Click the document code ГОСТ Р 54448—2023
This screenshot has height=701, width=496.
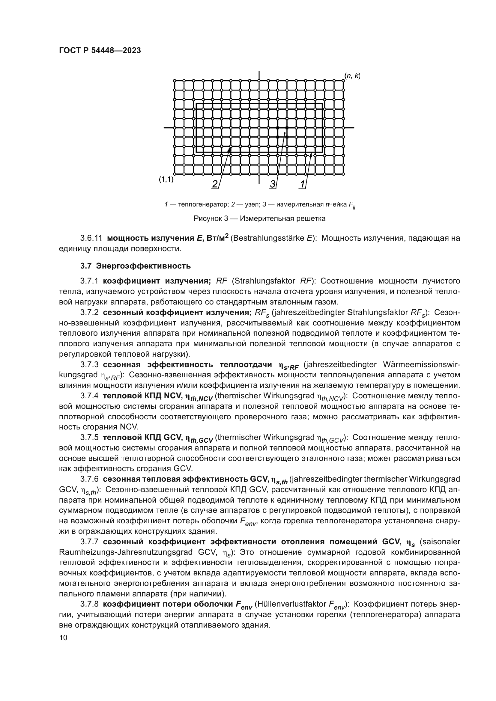(100, 51)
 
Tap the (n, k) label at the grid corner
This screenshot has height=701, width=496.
(352, 76)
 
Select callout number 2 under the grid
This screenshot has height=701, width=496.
(215, 184)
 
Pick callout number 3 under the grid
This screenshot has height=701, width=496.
(273, 184)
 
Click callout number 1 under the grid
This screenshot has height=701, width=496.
(302, 184)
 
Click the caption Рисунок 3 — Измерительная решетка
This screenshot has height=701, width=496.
(259, 218)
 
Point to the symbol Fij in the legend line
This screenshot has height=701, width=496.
(352, 205)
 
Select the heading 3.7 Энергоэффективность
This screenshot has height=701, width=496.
(135, 266)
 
